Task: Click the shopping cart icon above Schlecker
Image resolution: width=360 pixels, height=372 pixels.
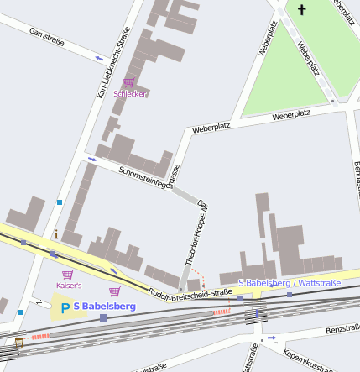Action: [129, 82]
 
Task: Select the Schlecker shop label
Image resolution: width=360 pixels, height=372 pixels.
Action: [130, 93]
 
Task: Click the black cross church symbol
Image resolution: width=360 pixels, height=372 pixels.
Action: [301, 10]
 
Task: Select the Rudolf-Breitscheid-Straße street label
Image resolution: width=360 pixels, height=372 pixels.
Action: [189, 292]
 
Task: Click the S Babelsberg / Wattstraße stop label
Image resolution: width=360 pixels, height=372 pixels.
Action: [290, 283]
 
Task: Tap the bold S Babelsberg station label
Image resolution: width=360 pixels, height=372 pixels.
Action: [104, 307]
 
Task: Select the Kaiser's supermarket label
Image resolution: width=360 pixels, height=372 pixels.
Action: [69, 286]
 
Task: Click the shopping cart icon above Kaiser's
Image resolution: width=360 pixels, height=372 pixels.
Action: [67, 274]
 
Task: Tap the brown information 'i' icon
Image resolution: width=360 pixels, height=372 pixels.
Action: [55, 233]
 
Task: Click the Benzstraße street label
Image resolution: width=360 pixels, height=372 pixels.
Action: [342, 329]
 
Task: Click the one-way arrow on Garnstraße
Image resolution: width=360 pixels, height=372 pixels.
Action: [100, 58]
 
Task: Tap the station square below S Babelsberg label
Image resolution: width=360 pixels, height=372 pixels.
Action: [103, 318]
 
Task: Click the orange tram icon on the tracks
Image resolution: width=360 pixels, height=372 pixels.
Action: [18, 343]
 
